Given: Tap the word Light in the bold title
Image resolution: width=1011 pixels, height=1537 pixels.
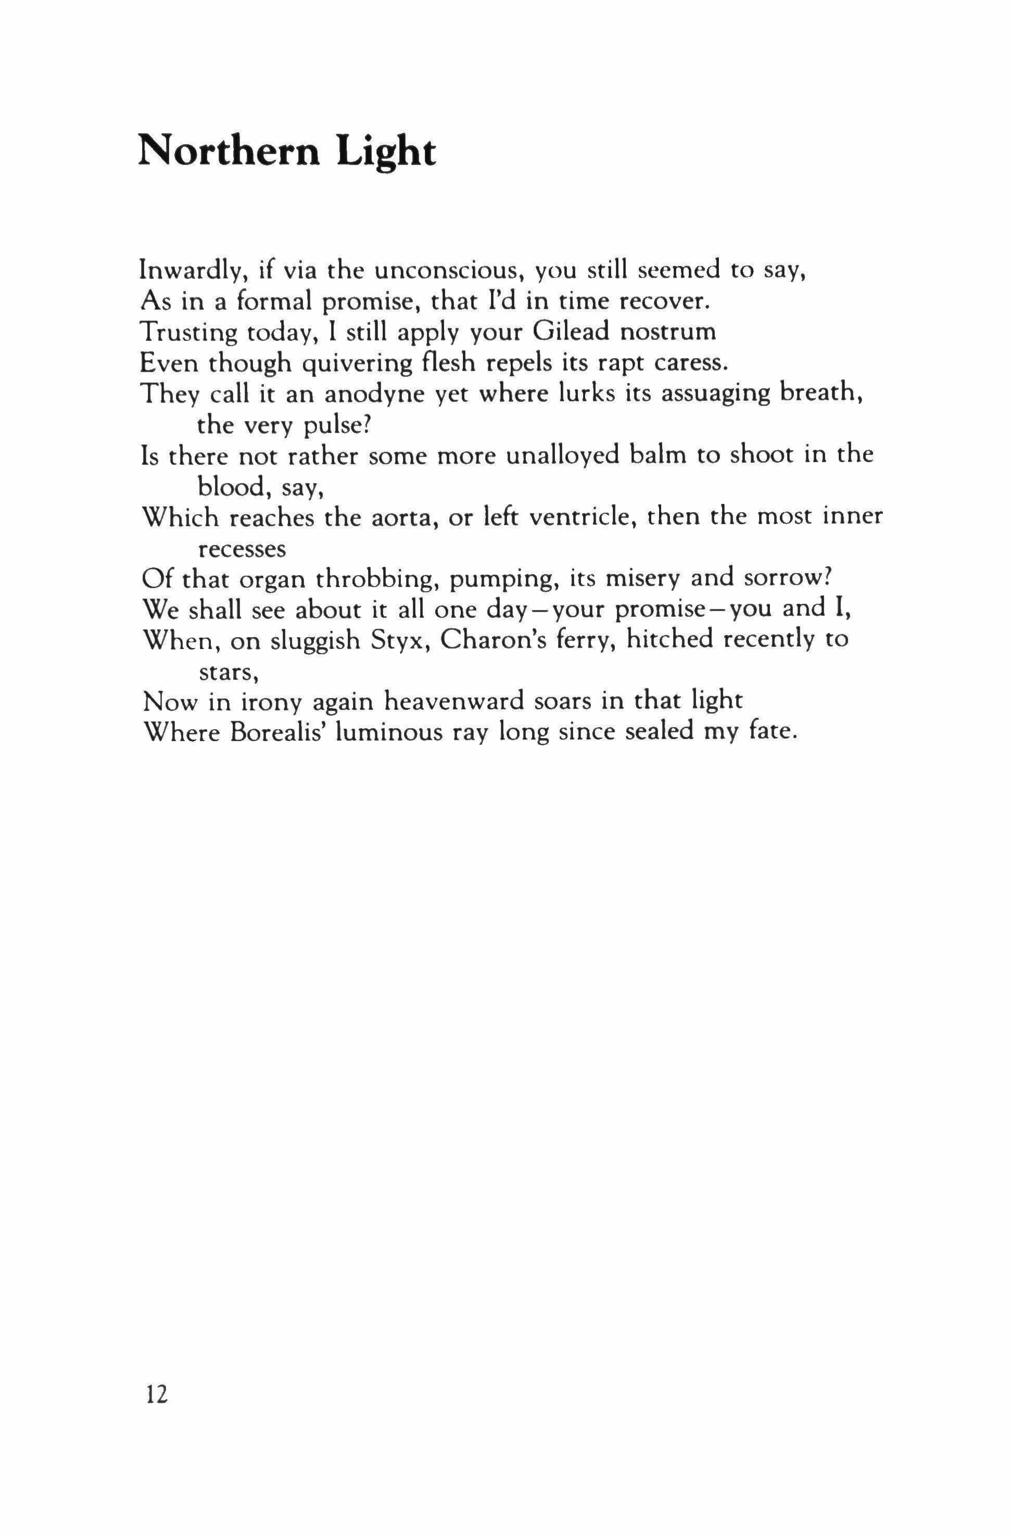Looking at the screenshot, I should click(x=386, y=154).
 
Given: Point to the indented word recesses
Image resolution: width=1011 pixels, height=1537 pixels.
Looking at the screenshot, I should click(x=241, y=550).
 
